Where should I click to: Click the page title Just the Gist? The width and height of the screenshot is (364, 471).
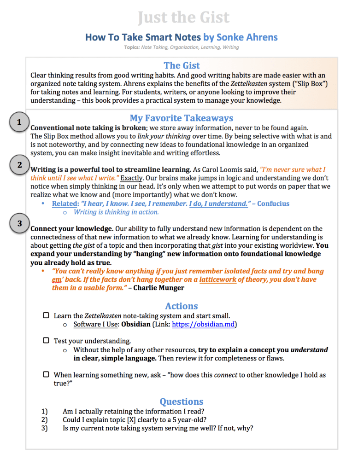183,17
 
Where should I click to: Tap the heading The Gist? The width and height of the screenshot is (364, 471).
182,65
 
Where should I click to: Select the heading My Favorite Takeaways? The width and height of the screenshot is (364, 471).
182,118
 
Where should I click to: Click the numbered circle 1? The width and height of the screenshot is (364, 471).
19,122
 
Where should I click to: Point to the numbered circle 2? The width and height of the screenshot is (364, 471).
19,164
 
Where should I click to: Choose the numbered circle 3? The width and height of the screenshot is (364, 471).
19,224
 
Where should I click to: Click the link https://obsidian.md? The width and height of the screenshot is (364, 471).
204,325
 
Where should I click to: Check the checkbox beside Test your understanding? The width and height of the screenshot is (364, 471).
46,341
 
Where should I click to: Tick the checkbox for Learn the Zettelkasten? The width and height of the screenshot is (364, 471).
46,316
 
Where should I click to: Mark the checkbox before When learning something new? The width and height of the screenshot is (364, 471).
46,375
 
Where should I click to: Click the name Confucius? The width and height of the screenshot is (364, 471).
274,204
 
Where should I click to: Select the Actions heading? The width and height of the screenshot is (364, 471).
182,306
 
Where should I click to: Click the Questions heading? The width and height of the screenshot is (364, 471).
182,401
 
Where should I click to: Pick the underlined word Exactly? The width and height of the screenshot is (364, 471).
131,178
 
